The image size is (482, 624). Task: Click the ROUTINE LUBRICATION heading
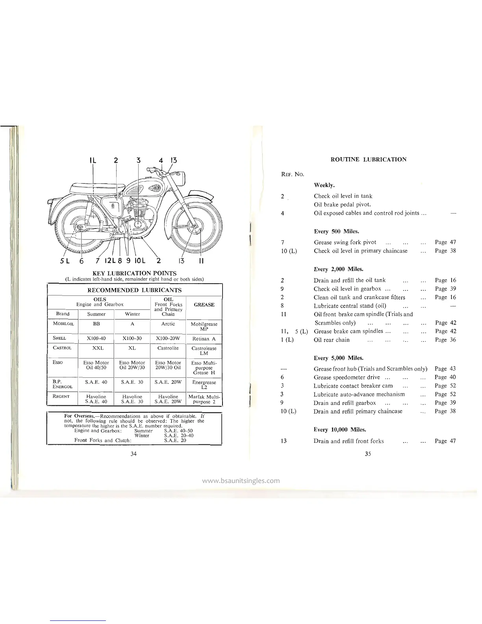[368, 160]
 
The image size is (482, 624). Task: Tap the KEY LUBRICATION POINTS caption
[134, 273]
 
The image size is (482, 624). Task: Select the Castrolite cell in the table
[168, 348]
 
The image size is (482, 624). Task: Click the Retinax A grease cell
[204, 339]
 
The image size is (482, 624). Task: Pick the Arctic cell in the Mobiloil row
[168, 324]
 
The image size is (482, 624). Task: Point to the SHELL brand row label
[60, 338]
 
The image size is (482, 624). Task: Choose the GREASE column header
[204, 305]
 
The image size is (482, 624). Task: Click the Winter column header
[132, 314]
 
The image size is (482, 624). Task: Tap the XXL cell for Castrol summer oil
[96, 348]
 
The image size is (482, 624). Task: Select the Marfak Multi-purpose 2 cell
[204, 399]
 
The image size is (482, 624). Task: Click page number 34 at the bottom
[133, 454]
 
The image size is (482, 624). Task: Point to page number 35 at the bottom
[368, 454]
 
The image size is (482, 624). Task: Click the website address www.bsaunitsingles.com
[241, 481]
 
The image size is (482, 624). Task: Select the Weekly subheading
[324, 185]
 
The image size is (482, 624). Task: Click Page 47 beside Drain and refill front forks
[445, 441]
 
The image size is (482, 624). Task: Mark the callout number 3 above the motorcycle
[138, 160]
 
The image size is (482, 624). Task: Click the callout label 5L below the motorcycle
[65, 260]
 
